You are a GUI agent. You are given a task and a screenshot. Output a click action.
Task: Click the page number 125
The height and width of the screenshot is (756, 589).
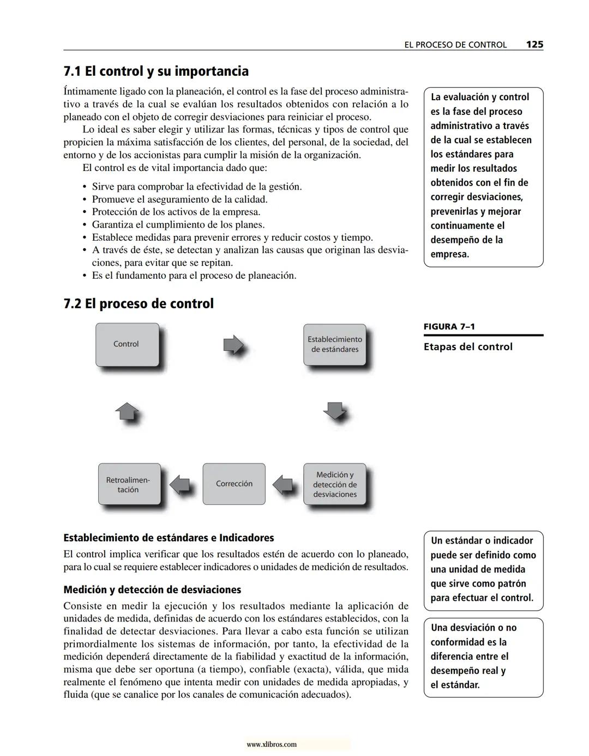point(534,45)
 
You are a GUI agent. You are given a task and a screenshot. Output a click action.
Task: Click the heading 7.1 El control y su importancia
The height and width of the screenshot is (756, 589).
point(156,71)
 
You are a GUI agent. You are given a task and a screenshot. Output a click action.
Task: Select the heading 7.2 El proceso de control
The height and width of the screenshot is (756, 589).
point(139,303)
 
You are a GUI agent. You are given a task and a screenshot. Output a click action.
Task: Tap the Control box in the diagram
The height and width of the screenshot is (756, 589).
point(127,344)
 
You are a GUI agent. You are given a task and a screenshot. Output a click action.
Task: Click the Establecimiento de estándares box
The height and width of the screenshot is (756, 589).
point(334,344)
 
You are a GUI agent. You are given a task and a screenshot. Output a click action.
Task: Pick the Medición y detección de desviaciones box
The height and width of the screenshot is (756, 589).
point(334,484)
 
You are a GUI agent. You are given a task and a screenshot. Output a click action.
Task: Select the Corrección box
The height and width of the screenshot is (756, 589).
point(234,484)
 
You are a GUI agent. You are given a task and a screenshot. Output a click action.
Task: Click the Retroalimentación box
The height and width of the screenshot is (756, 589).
point(129,484)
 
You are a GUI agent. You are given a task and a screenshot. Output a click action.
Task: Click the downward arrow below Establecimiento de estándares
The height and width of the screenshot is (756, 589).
point(335,411)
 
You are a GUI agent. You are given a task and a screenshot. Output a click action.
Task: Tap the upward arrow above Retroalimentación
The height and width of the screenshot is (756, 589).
point(127,411)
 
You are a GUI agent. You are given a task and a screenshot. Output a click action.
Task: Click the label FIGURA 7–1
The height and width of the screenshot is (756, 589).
point(449,327)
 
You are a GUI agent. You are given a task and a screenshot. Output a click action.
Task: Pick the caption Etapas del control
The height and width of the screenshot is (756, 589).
point(468,347)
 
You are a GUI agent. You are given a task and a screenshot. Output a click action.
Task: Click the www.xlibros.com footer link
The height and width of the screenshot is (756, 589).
point(272,744)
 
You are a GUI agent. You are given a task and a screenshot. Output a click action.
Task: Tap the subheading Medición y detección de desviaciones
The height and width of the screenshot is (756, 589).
point(152,589)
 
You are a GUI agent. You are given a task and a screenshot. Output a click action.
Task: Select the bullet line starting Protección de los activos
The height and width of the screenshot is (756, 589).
point(176,212)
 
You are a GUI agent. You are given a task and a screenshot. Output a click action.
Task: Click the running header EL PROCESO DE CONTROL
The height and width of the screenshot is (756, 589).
point(455,45)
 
